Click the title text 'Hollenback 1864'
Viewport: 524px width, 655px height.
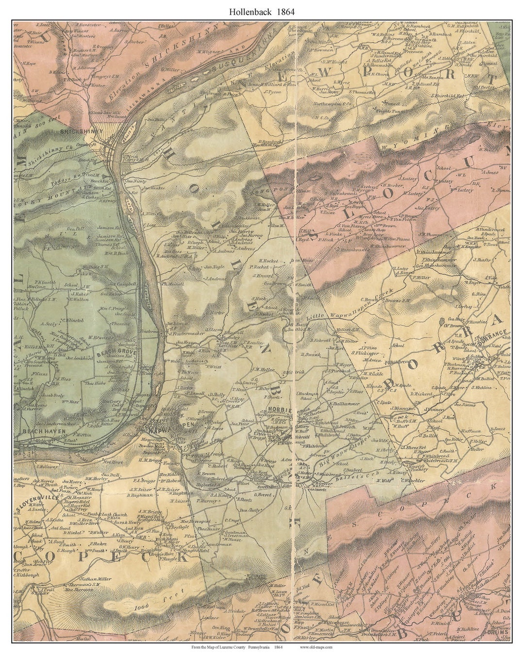coord(262,11)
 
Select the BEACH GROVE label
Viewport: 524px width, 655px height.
coord(117,353)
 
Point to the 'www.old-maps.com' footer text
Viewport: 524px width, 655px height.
coord(316,647)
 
